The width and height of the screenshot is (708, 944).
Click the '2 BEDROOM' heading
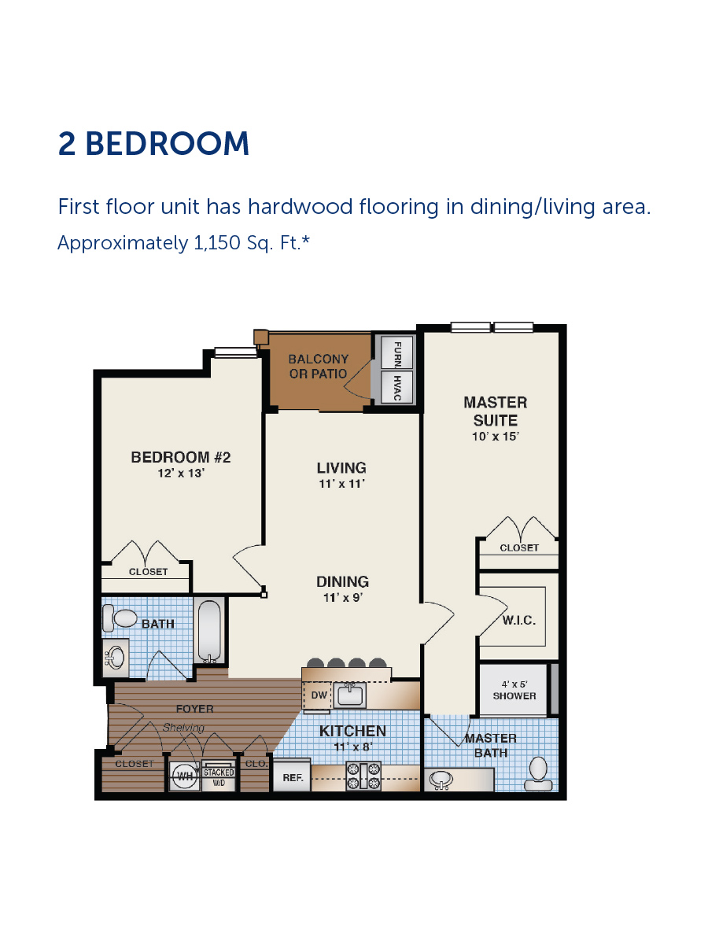coord(153,143)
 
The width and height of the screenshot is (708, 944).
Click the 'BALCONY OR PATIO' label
coord(318,366)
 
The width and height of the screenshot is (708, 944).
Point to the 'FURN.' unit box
coord(397,352)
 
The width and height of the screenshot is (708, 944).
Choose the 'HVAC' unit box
coord(397,387)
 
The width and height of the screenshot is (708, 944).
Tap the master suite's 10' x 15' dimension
coord(496,437)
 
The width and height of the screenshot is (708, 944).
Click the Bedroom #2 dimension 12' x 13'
coord(181,473)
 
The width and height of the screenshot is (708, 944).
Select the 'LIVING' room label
coord(341,467)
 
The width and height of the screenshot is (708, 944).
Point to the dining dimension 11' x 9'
coord(343,597)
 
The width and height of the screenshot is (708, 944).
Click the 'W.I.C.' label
coord(519,620)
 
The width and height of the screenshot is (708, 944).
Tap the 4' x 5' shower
coord(513,690)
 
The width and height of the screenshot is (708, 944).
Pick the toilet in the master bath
coord(538,774)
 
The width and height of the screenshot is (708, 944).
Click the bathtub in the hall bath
coord(209,631)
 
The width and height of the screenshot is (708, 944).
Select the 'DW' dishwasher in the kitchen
coord(318,695)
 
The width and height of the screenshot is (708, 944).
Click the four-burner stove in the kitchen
coord(363,776)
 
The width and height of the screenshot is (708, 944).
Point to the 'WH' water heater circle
coord(185,776)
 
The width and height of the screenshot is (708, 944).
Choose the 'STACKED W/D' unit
coord(219,776)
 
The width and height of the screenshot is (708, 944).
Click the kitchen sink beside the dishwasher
coord(351,695)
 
